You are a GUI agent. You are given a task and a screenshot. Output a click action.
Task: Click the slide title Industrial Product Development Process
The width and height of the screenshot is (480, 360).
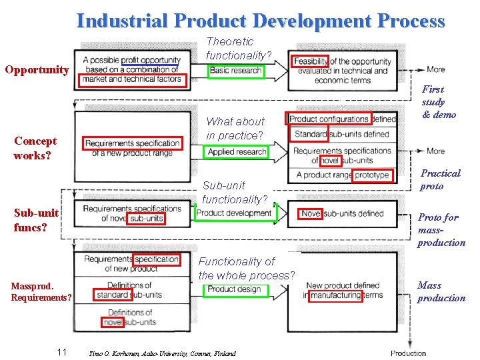coord(261,21)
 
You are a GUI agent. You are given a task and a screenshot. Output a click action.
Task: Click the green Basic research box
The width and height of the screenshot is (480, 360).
coord(235,71)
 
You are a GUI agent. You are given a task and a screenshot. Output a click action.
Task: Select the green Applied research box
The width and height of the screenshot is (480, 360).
coord(237,152)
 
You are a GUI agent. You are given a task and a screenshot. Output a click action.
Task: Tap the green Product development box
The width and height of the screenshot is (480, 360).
coord(235,213)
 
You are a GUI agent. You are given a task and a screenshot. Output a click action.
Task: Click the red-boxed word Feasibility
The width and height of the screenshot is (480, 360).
coord(310,62)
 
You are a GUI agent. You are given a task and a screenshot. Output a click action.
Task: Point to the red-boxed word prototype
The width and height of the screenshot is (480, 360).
coord(372,175)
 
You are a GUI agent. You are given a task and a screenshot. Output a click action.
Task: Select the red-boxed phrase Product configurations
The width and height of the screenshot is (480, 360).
coord(329,119)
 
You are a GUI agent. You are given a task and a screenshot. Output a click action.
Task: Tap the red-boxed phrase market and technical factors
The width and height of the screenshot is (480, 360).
coord(132,79)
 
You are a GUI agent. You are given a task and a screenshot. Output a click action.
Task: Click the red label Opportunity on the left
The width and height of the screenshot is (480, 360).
coord(37,69)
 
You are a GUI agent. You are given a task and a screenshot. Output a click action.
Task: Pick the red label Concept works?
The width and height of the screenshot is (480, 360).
coord(35,148)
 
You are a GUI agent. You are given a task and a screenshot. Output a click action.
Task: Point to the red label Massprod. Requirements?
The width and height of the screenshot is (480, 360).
coord(41,291)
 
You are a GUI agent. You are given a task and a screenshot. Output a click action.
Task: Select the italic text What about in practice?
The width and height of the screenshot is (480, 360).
coord(235,128)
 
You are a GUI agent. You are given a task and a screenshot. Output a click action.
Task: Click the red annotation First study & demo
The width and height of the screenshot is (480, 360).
coord(439,101)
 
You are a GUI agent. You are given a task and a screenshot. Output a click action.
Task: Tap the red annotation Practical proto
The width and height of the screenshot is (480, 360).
coord(440,179)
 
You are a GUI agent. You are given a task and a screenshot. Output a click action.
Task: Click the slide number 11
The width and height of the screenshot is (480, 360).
coord(61,352)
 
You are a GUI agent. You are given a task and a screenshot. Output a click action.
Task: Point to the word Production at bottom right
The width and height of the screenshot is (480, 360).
coord(408,353)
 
